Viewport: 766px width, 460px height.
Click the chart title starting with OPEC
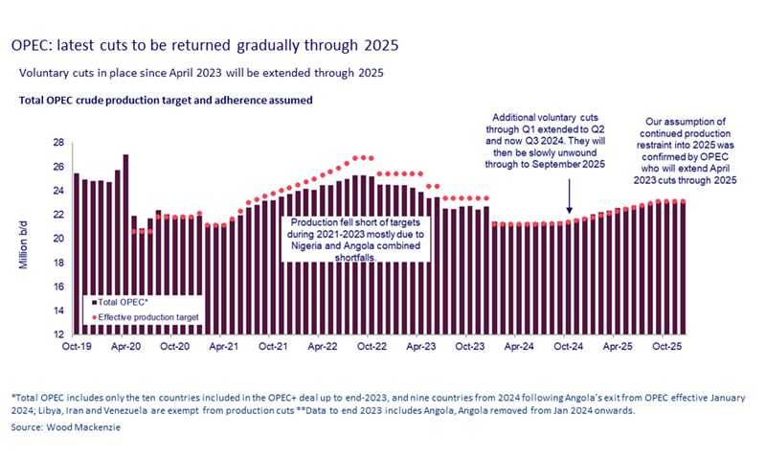[204, 45]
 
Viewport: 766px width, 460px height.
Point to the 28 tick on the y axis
[58, 142]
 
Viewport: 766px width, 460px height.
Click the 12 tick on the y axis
[58, 334]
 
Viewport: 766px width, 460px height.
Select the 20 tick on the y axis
[58, 239]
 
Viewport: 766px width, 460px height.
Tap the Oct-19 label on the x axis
[77, 347]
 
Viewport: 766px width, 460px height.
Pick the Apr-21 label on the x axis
[224, 347]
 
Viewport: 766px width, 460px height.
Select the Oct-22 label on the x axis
[372, 347]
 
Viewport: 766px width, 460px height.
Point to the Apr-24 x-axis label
[519, 347]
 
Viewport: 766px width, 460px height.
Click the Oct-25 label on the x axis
[667, 347]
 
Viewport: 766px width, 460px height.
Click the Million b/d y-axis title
[23, 239]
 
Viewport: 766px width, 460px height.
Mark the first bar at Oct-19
[77, 254]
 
